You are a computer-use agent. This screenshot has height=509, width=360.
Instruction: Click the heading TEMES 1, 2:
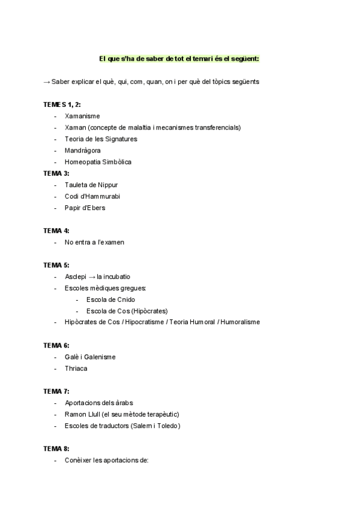point(62,104)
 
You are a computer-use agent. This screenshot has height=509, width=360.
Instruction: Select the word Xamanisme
point(82,116)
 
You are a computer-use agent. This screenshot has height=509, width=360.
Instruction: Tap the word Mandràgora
point(83,150)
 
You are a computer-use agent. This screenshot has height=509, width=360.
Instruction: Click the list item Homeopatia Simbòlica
point(98,162)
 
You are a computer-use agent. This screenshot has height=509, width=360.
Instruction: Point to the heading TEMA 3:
point(56,173)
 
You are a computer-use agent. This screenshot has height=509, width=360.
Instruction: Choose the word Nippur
point(115,185)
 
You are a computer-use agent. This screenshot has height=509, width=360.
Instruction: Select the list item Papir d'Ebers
point(85,208)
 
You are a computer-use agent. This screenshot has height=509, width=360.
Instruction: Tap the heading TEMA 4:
point(56,230)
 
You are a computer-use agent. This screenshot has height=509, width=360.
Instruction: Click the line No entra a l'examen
point(94,242)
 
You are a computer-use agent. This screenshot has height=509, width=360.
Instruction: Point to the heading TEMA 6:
point(56,345)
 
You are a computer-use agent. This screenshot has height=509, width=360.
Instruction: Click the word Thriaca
point(76,368)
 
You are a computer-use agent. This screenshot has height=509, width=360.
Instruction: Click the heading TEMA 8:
point(56,448)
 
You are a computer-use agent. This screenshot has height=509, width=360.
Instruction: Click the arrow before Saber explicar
point(47,82)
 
